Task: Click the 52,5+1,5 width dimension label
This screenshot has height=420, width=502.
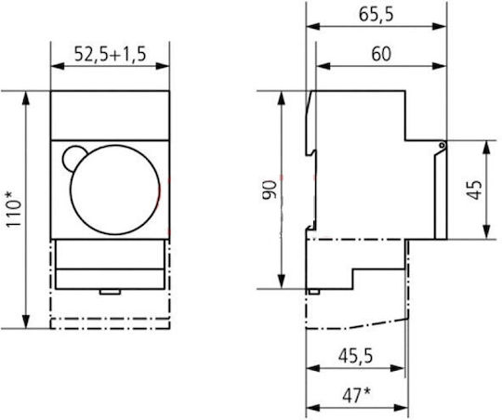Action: tap(110, 54)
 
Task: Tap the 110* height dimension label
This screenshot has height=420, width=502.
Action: tap(14, 210)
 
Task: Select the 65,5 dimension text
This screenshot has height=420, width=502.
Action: tap(376, 15)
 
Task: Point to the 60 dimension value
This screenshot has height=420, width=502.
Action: tap(381, 54)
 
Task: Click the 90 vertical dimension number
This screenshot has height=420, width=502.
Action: tap(270, 190)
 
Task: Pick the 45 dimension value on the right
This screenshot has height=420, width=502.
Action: tap(474, 190)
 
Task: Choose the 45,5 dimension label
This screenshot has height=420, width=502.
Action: tap(356, 356)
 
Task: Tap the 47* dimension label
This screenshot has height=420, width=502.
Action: tap(357, 395)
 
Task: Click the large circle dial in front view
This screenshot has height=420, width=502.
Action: tap(115, 190)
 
